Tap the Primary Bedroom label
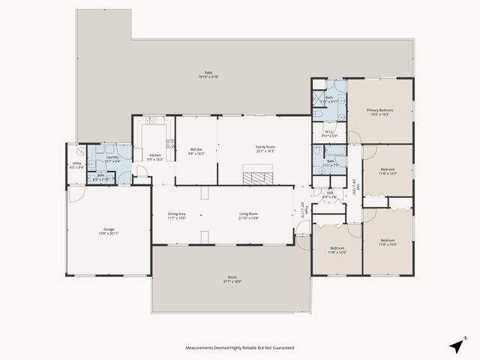pos(379,111)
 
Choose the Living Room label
pos(249,215)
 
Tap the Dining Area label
pos(177,215)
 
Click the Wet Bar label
pos(196,148)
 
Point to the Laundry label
pos(112,157)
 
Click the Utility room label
pos(76,163)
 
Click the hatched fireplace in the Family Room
pos(259,178)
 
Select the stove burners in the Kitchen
pos(170,143)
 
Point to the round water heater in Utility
pos(72,149)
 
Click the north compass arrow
pos(456,346)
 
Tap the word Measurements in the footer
pos(203,348)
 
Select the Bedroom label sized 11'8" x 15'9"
pos(387,241)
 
